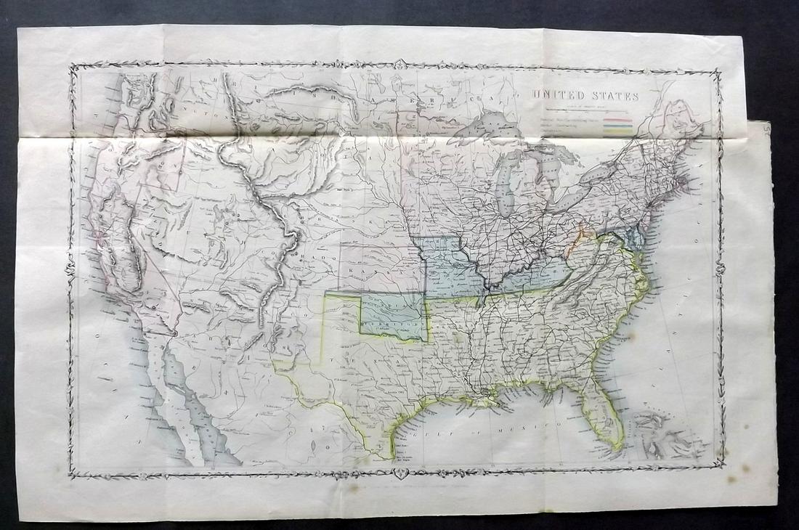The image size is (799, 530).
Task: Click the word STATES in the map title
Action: [614, 96]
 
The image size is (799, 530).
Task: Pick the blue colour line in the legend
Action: [622, 124]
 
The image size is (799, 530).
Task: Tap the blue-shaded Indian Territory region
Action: [396, 317]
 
